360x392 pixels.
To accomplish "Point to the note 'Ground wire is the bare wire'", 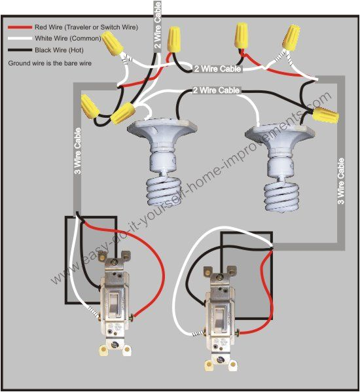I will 50,63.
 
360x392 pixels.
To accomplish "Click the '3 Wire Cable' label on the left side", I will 78,164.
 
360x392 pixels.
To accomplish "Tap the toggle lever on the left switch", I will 113,302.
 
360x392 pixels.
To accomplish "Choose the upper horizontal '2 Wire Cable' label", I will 218,68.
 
